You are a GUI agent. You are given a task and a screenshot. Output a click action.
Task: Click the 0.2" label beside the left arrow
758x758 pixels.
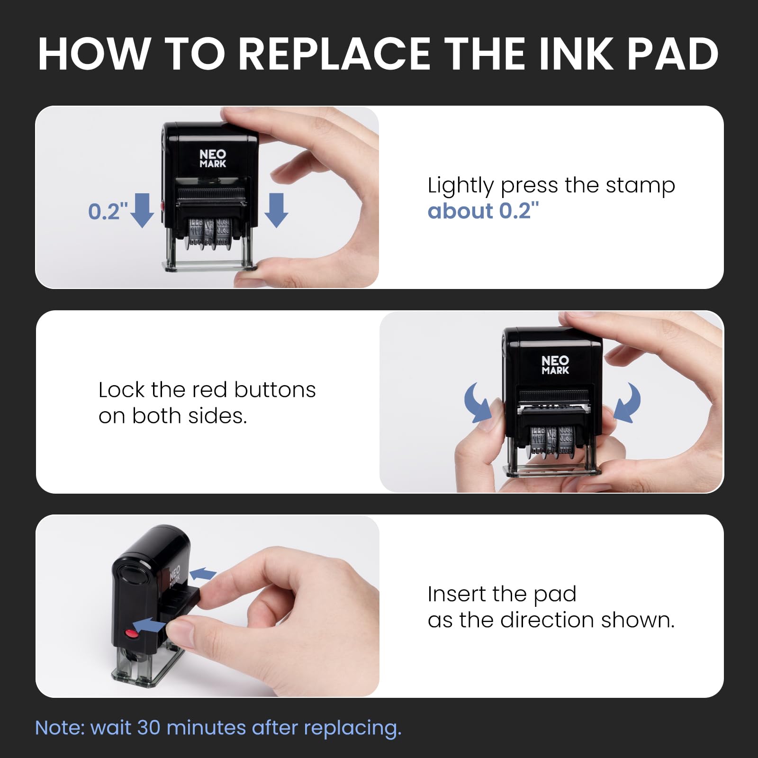tap(108, 211)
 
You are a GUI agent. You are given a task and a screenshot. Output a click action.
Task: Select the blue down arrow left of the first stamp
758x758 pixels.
tap(142, 210)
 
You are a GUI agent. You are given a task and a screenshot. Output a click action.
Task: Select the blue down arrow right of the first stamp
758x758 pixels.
tap(276, 210)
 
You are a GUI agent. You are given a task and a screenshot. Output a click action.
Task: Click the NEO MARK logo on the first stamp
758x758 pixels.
tap(213, 158)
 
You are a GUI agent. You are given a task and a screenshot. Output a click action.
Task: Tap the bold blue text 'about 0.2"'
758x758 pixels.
tap(483, 211)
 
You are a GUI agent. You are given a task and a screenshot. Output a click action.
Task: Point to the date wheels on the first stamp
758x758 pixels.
tap(210, 232)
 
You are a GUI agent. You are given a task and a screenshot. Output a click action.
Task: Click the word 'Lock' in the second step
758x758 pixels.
tap(122, 390)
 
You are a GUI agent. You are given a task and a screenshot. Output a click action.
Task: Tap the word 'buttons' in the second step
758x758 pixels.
tap(275, 390)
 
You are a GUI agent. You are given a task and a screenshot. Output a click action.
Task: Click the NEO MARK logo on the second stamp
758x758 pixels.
tap(555, 365)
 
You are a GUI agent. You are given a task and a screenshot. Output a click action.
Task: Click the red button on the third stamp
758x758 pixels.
tap(129, 633)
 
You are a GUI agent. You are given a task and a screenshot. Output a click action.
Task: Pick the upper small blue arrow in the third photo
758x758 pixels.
tap(203, 574)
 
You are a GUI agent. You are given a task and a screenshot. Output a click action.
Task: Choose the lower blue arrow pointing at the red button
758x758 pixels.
tap(149, 625)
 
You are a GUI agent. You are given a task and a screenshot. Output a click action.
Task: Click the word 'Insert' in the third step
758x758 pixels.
tap(457, 594)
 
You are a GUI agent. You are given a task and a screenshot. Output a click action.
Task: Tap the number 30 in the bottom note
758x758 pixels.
tap(149, 728)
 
